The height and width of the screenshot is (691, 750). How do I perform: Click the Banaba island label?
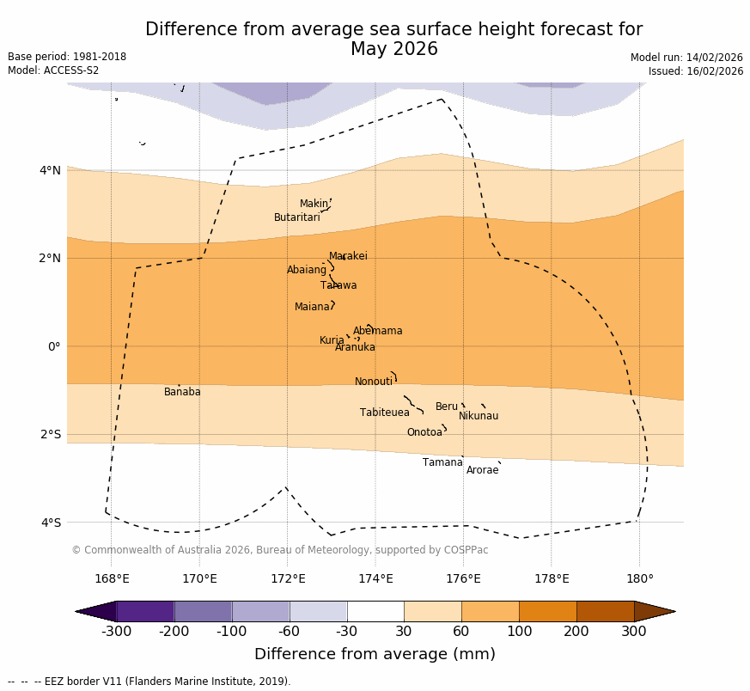pos(182,392)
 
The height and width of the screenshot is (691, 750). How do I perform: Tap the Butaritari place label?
pos(297,217)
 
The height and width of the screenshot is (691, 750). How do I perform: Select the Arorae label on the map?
pos(482,470)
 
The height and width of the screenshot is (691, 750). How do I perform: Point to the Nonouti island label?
pos(374,382)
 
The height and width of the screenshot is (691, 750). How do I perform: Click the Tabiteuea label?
pos(385,413)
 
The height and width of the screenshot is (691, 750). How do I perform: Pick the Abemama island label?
pos(378,331)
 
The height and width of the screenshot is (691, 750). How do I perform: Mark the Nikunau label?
pos(479,416)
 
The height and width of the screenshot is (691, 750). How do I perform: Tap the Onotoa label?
pos(424,432)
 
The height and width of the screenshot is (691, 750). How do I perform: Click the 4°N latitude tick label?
pos(51,170)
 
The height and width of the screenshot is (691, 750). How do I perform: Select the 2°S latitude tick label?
pos(51,434)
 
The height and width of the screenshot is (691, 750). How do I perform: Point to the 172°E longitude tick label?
pos(288,578)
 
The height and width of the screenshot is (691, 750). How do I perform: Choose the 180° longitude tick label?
pos(639,578)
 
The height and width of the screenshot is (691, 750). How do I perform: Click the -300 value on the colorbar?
pos(116,632)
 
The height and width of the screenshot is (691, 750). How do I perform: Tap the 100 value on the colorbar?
pos(519,632)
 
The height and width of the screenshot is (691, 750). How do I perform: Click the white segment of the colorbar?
pos(375,611)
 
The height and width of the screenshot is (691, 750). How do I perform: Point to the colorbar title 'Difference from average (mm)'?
pos(375,654)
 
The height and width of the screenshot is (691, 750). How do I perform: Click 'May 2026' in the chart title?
pos(393,50)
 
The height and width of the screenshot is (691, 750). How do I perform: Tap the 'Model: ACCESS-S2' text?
pos(53,70)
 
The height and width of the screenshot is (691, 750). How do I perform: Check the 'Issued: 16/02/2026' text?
pos(696,71)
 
